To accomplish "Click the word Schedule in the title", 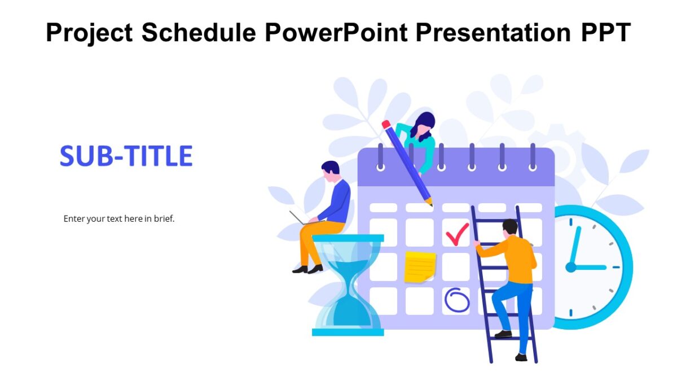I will (199, 33).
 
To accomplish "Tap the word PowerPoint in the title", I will (336, 33).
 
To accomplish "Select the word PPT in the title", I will (605, 33).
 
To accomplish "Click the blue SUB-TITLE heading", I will (126, 156).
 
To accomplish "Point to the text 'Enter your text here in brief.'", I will (119, 218).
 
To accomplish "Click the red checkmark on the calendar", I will (456, 233).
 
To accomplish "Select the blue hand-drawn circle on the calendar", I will (456, 300).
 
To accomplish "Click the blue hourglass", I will (348, 285).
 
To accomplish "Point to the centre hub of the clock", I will (571, 267).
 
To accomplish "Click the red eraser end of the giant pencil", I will (386, 124).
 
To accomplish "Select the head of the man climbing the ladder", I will (509, 227).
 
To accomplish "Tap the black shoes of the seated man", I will (307, 269).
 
